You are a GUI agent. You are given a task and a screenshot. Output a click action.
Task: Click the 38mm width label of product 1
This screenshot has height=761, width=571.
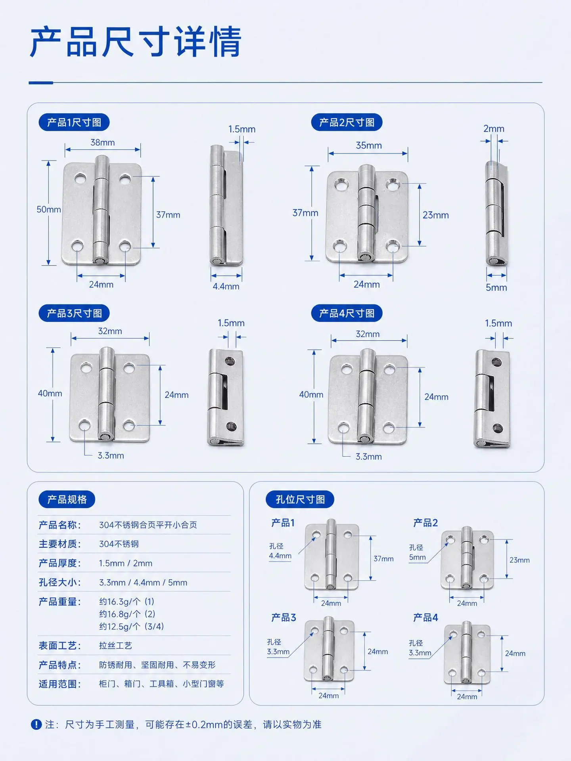[x=103, y=142]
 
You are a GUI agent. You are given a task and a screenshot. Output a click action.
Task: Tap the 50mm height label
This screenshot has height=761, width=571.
[x=49, y=209]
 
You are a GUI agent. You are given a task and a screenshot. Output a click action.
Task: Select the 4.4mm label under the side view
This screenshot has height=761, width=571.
[x=226, y=286]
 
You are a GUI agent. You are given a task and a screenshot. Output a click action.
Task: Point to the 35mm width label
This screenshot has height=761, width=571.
[x=369, y=145]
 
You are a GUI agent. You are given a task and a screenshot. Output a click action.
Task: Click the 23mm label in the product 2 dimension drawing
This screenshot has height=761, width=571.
[x=436, y=215]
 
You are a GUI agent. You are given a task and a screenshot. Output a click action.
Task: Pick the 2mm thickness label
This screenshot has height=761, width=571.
[x=494, y=129]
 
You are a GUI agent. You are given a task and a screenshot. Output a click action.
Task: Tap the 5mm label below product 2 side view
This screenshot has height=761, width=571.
[x=496, y=287]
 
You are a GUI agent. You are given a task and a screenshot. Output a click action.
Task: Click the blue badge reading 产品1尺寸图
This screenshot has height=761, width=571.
[x=74, y=122]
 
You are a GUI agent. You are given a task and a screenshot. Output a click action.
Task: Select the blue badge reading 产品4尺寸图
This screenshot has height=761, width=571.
[x=347, y=314]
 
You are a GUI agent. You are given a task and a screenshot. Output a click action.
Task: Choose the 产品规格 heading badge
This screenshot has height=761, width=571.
[x=67, y=499]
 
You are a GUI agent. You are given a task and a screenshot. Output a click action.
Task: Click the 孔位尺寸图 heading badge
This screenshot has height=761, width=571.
[x=300, y=499]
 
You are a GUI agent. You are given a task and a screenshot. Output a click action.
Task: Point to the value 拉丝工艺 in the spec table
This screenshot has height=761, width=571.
[x=115, y=646]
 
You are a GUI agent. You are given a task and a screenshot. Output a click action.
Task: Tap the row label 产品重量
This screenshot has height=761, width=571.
[x=59, y=602]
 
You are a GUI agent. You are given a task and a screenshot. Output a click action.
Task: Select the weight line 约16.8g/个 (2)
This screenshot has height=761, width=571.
[x=127, y=614]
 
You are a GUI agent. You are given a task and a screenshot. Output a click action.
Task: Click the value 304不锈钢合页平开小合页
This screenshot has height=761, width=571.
[x=148, y=525]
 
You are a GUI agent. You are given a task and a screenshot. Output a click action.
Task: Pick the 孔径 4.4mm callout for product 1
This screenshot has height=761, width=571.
[x=280, y=551]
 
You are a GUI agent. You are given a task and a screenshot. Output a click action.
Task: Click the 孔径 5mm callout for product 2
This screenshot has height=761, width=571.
[x=417, y=552]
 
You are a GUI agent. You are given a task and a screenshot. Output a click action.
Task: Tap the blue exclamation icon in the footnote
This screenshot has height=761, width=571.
[x=36, y=725]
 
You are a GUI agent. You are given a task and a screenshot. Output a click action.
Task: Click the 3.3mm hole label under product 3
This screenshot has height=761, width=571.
[x=111, y=456]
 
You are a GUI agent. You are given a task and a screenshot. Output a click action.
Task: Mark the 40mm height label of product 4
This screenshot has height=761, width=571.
[x=311, y=394]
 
